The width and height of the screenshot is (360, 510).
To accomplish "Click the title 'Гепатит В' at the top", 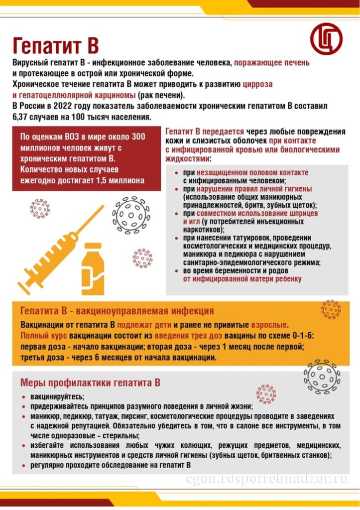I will [55, 45].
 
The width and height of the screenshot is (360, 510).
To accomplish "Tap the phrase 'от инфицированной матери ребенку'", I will [242, 279].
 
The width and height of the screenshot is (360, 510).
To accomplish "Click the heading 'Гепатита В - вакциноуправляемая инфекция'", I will [117, 311].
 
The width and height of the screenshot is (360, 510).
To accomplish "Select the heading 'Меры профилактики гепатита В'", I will [90, 383].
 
